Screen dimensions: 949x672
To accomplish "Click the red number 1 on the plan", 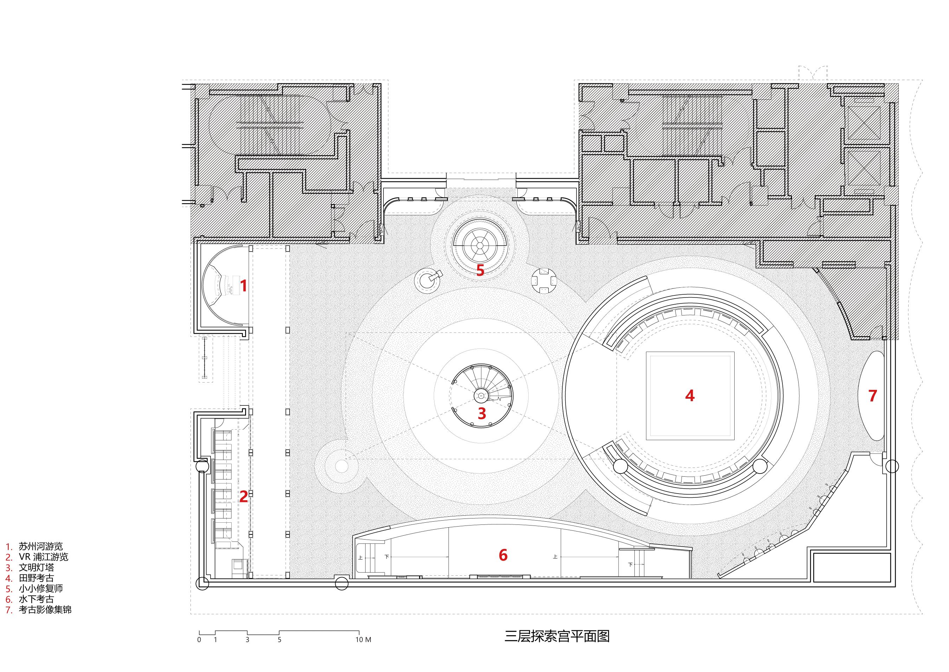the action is pyautogui.click(x=244, y=286).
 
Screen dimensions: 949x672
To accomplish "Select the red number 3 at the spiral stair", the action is pyautogui.click(x=482, y=413).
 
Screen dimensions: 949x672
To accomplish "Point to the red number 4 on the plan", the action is pyautogui.click(x=689, y=396).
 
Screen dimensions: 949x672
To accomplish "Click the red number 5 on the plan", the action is pyautogui.click(x=480, y=270).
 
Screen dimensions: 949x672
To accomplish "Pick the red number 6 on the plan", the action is pyautogui.click(x=503, y=555).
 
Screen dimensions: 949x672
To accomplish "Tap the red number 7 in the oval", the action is pyautogui.click(x=872, y=396).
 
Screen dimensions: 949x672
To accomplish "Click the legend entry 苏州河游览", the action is pyautogui.click(x=40, y=546).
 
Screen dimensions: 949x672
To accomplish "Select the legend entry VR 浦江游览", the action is pyautogui.click(x=43, y=557).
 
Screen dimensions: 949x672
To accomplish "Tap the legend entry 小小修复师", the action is pyautogui.click(x=40, y=588).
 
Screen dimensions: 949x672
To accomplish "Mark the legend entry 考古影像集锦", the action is pyautogui.click(x=45, y=609).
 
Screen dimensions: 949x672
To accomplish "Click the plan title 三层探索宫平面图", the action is pyautogui.click(x=557, y=636).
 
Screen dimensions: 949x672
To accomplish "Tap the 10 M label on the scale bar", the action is pyautogui.click(x=363, y=640).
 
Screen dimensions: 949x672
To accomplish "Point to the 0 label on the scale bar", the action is pyautogui.click(x=199, y=640).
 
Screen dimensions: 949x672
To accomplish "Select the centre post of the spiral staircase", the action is pyautogui.click(x=481, y=396).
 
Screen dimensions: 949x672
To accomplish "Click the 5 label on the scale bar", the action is pyautogui.click(x=279, y=640).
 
